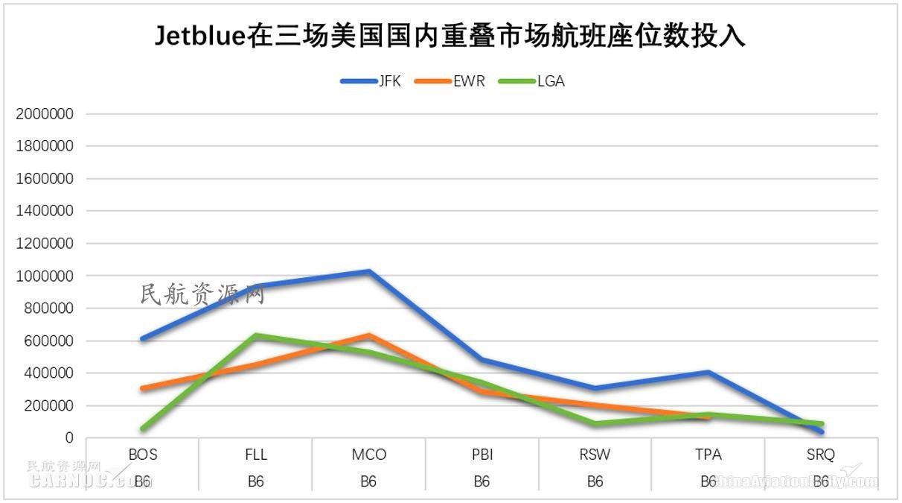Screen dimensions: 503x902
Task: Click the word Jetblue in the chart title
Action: click(x=199, y=36)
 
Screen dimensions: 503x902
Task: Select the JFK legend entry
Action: click(x=388, y=81)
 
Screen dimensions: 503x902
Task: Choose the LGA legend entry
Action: click(x=550, y=81)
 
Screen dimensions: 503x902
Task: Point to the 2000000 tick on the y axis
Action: click(x=44, y=114)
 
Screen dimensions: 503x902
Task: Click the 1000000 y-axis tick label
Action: click(x=44, y=276)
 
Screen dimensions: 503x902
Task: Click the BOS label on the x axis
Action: click(x=142, y=455)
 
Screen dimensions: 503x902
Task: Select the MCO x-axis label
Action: click(x=368, y=455)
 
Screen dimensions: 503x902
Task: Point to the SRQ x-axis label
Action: click(x=821, y=455)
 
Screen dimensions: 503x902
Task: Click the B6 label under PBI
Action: click(x=482, y=481)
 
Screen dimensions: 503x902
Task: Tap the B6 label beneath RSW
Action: click(x=595, y=481)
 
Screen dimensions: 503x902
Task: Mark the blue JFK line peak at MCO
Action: click(x=368, y=271)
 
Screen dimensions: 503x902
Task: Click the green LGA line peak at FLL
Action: click(x=255, y=335)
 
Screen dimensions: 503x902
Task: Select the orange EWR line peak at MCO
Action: click(x=368, y=335)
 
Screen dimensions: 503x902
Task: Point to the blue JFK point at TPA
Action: click(x=708, y=372)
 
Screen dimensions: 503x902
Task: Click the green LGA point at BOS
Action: click(x=142, y=428)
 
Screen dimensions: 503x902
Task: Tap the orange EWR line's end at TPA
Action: click(x=708, y=417)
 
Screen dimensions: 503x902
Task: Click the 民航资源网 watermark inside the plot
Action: click(x=202, y=295)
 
